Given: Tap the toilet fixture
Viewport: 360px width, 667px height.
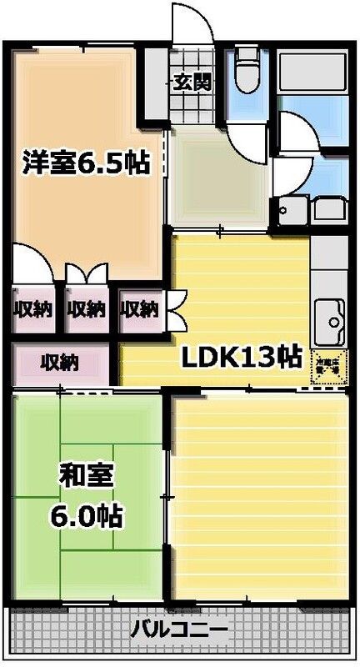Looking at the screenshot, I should [246, 70].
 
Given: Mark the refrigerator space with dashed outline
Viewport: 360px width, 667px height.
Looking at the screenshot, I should [328, 367].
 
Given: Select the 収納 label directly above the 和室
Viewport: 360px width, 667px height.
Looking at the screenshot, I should [59, 363].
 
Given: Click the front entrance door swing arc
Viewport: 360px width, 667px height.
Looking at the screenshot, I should [195, 25].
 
